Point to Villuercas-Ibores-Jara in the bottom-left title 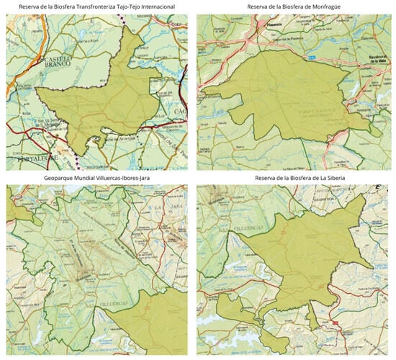[132, 177]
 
